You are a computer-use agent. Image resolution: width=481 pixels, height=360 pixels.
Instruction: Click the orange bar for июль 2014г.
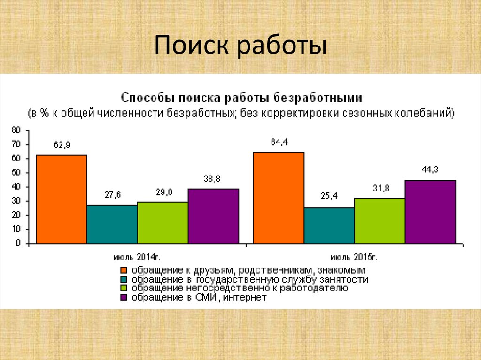click(x=62, y=199)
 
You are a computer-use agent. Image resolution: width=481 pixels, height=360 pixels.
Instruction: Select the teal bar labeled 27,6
click(x=112, y=224)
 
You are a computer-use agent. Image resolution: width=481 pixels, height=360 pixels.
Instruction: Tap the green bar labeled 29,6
click(x=163, y=222)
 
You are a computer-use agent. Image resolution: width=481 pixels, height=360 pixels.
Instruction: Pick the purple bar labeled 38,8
click(x=213, y=216)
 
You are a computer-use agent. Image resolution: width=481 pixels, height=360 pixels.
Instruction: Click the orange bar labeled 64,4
click(x=279, y=198)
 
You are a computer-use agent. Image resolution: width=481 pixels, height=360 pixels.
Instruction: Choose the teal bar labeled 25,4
click(x=329, y=225)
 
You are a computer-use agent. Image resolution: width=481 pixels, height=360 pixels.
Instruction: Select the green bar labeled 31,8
click(x=380, y=221)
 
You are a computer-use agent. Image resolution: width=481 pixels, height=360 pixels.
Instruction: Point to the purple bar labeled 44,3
click(x=430, y=212)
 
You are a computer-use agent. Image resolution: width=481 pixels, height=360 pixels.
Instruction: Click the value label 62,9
click(x=62, y=146)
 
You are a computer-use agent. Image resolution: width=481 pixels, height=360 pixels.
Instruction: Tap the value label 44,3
click(x=430, y=170)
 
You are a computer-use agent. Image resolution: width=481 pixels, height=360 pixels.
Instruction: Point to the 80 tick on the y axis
click(x=17, y=130)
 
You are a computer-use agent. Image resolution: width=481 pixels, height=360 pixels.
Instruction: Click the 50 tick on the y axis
click(x=17, y=173)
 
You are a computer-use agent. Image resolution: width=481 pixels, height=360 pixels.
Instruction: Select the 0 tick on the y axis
click(x=19, y=244)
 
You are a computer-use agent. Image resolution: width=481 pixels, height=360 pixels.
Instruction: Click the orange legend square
click(x=124, y=270)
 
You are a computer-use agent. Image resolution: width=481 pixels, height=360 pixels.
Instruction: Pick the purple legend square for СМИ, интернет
click(x=124, y=298)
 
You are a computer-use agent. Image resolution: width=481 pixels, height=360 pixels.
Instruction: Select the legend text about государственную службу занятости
click(x=249, y=279)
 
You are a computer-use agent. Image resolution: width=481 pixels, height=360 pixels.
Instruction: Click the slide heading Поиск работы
click(x=240, y=47)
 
